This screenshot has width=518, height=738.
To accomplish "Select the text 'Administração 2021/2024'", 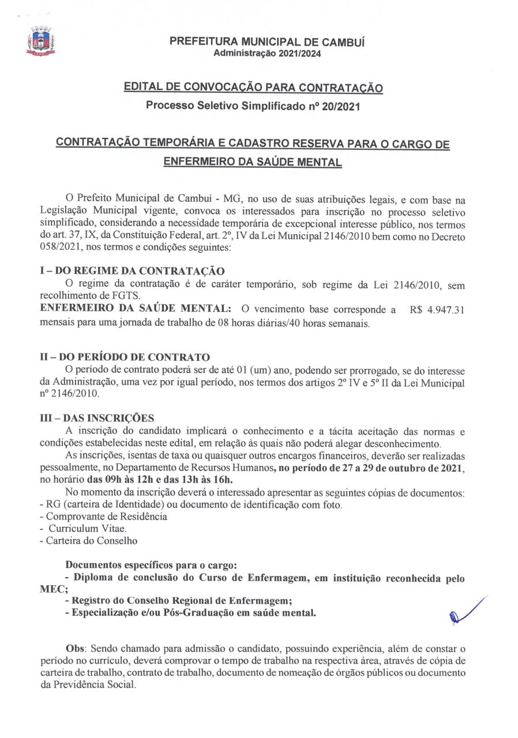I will pyautogui.click(x=267, y=53).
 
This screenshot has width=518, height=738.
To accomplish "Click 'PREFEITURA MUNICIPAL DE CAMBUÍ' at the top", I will pyautogui.click(x=266, y=42).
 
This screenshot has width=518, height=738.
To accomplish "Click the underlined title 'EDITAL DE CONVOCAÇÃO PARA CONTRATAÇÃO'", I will pyautogui.click(x=253, y=88).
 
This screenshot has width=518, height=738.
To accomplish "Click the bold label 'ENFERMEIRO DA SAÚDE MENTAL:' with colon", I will pyautogui.click(x=136, y=310).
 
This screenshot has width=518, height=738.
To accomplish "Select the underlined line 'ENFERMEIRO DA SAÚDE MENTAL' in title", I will pyautogui.click(x=253, y=162).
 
